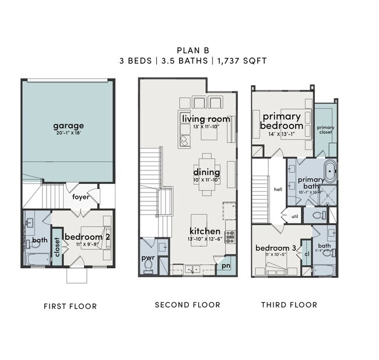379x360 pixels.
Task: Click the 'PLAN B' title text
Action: pyautogui.click(x=189, y=50)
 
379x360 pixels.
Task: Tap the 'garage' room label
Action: pyautogui.click(x=68, y=125)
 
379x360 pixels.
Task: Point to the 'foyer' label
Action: pyautogui.click(x=80, y=197)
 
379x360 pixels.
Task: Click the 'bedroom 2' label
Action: pyautogui.click(x=87, y=237)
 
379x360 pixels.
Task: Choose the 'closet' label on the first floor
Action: pyautogui.click(x=57, y=247)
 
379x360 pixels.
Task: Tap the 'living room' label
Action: pyautogui.click(x=206, y=119)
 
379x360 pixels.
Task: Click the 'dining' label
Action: pyautogui.click(x=206, y=172)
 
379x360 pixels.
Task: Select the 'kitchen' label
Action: pyautogui.click(x=205, y=231)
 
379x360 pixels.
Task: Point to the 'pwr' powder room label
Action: pyautogui.click(x=148, y=257)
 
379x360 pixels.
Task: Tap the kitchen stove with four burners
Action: pyautogui.click(x=230, y=236)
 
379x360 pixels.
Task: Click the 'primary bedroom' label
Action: pyautogui.click(x=282, y=121)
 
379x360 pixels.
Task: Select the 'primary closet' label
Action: pyautogui.click(x=325, y=130)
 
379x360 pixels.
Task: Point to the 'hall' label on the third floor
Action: pyautogui.click(x=278, y=190)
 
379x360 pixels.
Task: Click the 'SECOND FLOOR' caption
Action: pyautogui.click(x=187, y=305)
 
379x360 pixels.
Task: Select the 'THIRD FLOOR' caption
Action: pyautogui.click(x=289, y=305)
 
